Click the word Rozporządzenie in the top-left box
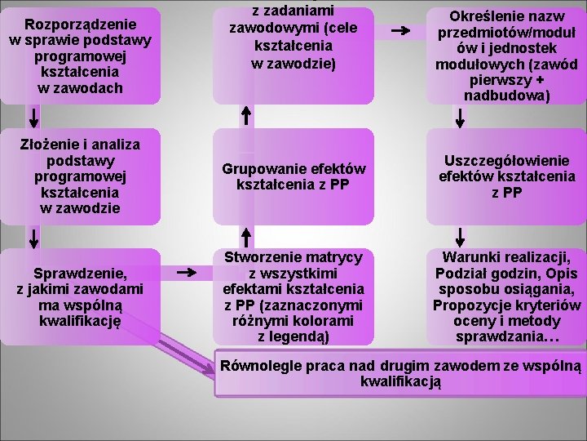[x=80, y=24]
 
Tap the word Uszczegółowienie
[x=507, y=161]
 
